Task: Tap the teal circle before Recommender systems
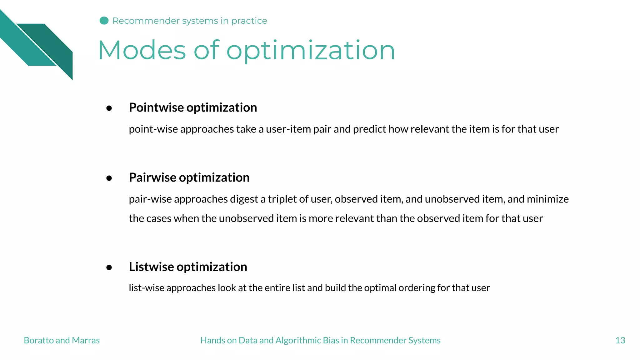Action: click(104, 21)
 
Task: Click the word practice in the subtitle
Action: click(249, 21)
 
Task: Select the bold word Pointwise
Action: click(156, 107)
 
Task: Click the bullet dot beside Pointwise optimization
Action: click(109, 108)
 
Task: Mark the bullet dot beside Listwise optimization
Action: click(109, 267)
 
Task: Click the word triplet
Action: click(282, 199)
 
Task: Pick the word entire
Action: click(277, 288)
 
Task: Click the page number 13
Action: click(620, 340)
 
